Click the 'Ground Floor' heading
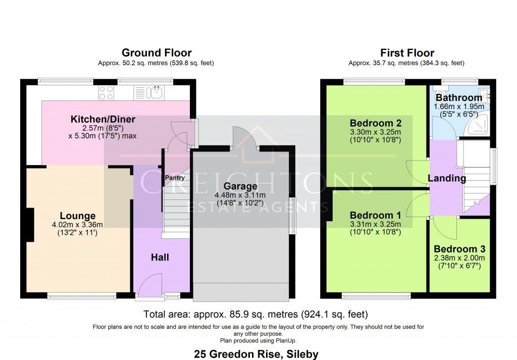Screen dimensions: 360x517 point(157,53)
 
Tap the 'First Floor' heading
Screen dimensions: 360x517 point(407,53)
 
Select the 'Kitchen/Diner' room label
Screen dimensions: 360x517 point(102,120)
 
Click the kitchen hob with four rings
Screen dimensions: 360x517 point(106,92)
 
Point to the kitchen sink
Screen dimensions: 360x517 point(154,92)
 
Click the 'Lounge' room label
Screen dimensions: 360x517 point(78,216)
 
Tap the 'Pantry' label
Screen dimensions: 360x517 point(175,178)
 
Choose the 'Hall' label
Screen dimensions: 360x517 point(160,257)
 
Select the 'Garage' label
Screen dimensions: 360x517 point(242,186)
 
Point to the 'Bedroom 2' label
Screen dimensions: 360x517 point(375,123)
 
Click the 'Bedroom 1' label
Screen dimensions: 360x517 point(375,216)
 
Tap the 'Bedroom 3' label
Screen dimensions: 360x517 point(459,249)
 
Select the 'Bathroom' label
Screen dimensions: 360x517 point(459,97)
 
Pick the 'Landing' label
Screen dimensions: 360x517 point(447,178)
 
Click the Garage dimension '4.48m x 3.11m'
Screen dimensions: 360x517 point(242,195)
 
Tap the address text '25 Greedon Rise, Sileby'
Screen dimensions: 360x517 point(256,354)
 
